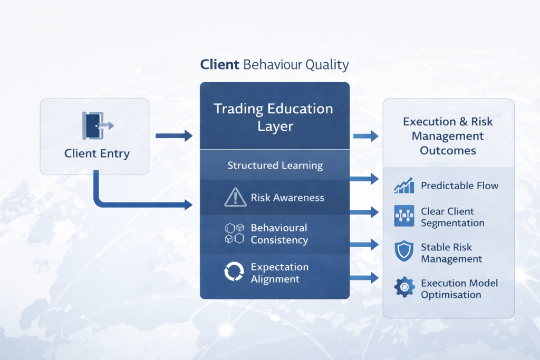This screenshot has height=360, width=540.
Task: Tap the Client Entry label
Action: (x=97, y=154)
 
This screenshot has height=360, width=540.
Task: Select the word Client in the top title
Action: (x=219, y=65)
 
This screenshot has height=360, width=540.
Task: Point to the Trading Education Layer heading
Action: (x=273, y=117)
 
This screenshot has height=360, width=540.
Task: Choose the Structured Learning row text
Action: (x=275, y=166)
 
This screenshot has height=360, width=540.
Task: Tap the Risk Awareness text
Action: (x=287, y=198)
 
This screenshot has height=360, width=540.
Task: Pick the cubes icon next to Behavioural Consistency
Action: (x=234, y=233)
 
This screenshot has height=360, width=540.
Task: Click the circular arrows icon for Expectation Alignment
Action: (x=232, y=273)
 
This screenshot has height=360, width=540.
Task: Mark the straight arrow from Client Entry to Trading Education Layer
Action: (x=174, y=136)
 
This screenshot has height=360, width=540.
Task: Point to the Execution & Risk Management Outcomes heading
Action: (x=448, y=136)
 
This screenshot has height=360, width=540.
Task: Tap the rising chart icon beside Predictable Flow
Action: (x=403, y=186)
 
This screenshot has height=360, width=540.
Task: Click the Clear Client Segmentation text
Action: (x=452, y=217)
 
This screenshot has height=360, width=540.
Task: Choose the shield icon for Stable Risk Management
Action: (x=403, y=252)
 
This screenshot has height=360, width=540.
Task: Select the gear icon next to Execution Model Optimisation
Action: (x=404, y=288)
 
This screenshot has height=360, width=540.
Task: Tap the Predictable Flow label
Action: (x=459, y=186)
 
